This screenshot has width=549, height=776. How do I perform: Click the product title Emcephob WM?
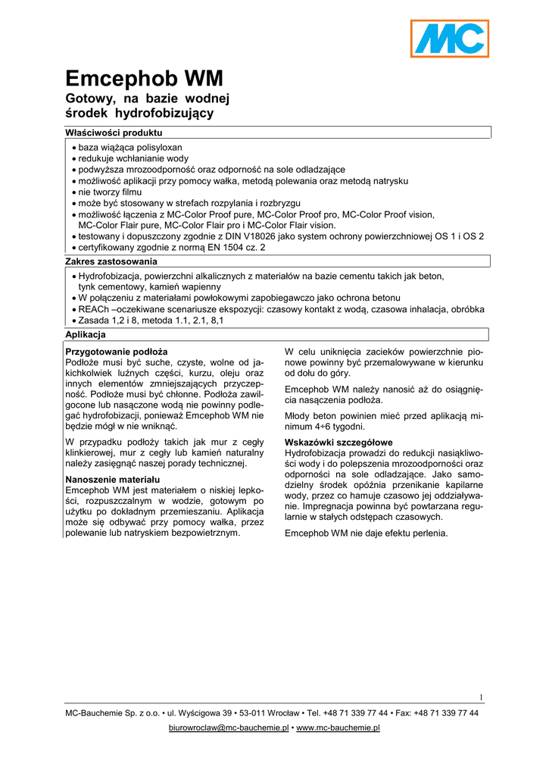145,79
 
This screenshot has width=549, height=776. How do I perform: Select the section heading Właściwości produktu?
114,133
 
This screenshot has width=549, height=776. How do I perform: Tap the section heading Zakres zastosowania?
111,261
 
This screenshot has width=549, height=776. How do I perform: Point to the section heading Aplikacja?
86,334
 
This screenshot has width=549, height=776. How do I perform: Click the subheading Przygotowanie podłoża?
117,352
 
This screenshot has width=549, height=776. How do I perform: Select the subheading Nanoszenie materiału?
113,480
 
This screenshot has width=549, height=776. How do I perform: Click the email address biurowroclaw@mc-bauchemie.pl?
228,728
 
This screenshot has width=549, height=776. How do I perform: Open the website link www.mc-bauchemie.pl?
338,728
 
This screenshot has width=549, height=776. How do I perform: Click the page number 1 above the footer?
481,697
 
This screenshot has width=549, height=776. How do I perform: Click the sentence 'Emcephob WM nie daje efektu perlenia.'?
366,533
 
